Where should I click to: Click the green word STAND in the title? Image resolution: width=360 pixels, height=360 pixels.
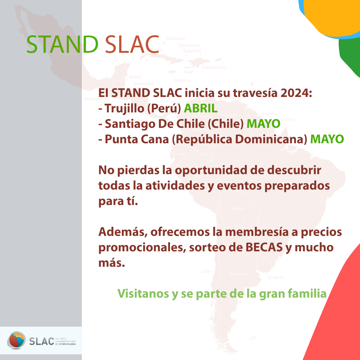click(62, 44)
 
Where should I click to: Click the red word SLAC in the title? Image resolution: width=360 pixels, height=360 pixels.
click(132, 44)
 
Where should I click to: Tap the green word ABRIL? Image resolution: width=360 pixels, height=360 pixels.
click(201, 108)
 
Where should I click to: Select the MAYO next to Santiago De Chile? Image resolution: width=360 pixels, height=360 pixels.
click(263, 124)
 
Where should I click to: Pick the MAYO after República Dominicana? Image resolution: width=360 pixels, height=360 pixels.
click(327, 139)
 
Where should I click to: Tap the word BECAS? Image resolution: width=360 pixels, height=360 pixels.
click(264, 247)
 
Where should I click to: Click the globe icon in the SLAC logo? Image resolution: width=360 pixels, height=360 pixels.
click(16, 340)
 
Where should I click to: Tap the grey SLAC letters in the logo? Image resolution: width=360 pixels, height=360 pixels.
click(41, 341)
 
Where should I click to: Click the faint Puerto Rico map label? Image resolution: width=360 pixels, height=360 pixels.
click(214, 67)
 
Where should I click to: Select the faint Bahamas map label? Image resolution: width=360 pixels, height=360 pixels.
click(176, 39)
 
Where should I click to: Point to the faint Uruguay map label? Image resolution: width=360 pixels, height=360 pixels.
click(275, 277)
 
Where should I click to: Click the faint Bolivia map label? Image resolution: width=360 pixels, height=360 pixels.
click(238, 208)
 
